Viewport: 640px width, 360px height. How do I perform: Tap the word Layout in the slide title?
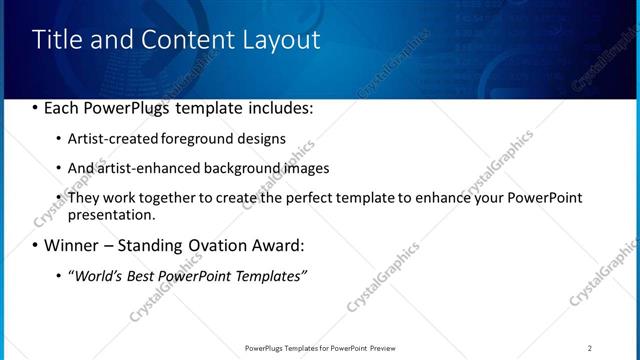(282, 40)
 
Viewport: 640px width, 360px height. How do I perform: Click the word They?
(83, 198)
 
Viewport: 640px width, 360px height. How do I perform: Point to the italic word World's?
(99, 275)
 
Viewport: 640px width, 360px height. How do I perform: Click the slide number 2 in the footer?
(589, 348)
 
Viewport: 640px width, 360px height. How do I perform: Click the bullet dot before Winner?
(36, 245)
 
